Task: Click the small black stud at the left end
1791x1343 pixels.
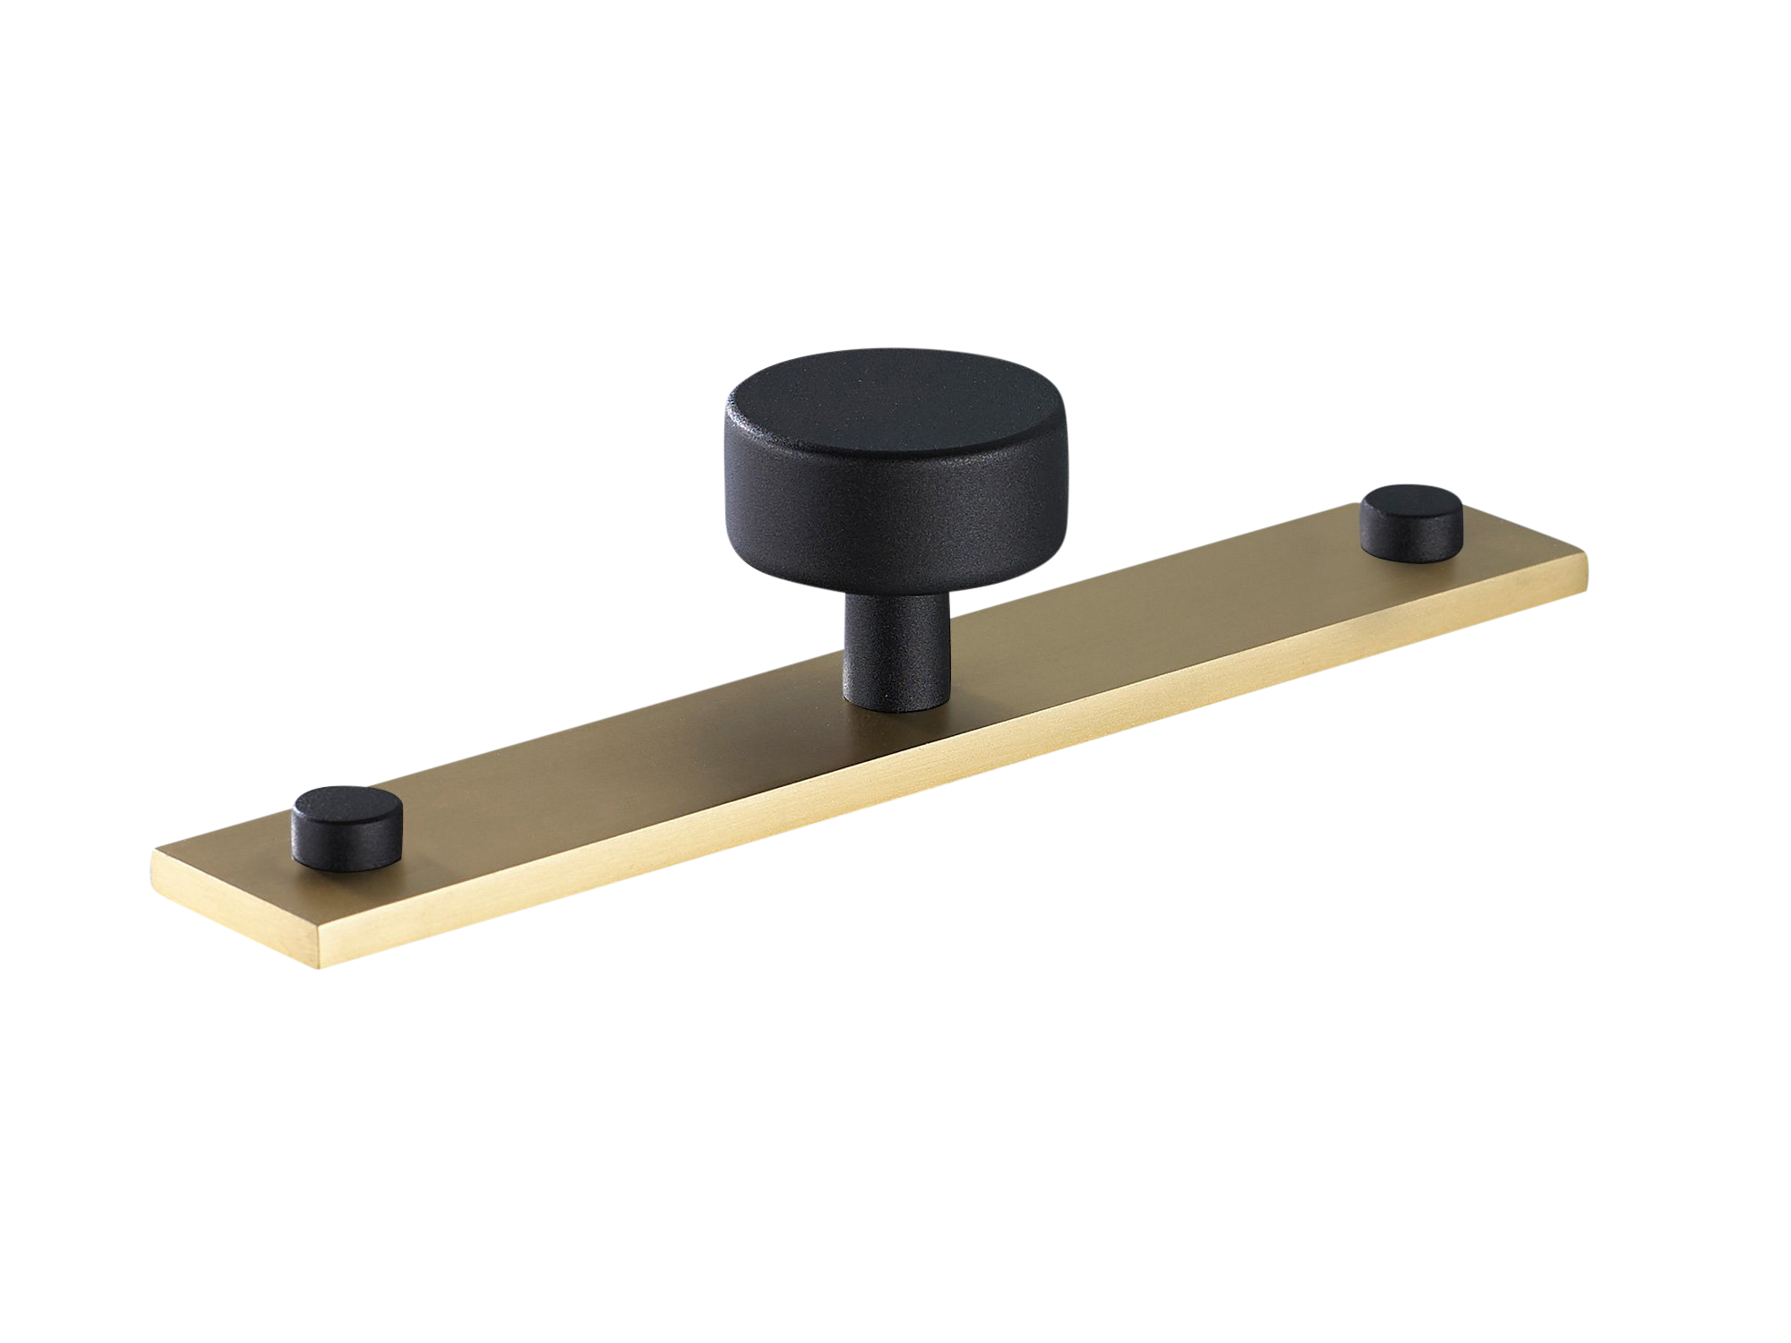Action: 347,828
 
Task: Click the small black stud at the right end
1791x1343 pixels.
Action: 1411,523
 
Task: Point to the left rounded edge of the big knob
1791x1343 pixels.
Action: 730,466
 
